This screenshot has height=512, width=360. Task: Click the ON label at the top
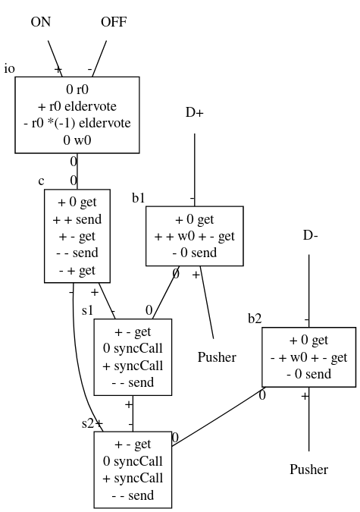point(41,22)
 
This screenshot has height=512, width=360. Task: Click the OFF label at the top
point(114,22)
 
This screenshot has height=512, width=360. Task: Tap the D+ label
point(195,113)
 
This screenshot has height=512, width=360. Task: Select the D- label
point(311,235)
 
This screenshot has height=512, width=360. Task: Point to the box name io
point(9,68)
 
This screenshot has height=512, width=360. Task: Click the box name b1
point(139,198)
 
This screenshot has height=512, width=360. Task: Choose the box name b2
point(255,319)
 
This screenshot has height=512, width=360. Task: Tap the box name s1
point(87,310)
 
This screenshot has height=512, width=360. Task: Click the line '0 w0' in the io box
point(77,140)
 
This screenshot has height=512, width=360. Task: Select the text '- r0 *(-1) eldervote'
point(77,123)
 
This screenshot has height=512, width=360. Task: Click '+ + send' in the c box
point(77,219)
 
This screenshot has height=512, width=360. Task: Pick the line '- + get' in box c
point(77,270)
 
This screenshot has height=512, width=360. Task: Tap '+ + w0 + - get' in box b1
point(195,236)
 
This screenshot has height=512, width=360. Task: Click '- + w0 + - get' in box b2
point(308,357)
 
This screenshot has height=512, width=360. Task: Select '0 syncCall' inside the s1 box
point(133,348)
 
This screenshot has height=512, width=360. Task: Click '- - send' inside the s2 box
point(133,495)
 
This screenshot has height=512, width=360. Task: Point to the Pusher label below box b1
point(217,357)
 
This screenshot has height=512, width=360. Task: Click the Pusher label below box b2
point(309,470)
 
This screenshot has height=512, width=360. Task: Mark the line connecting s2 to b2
point(218,416)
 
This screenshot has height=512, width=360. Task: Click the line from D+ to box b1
point(195,170)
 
